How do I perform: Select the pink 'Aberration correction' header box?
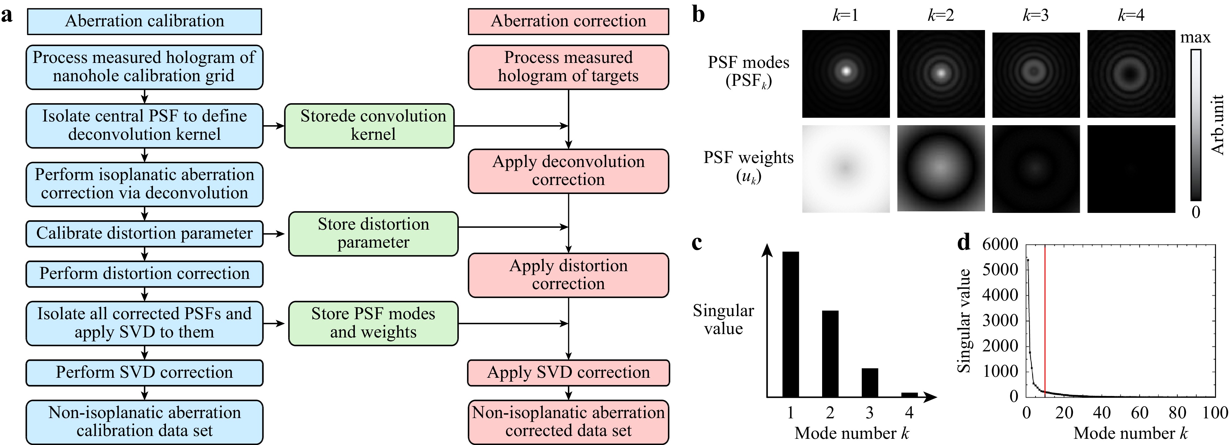(x=568, y=21)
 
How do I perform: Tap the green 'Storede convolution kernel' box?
(x=369, y=126)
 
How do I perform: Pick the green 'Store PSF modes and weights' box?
(x=373, y=323)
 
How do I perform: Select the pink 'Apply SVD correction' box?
(x=568, y=372)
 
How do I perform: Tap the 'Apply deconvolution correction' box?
(x=568, y=171)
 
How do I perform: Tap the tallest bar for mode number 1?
(x=791, y=324)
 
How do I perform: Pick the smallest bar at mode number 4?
(x=909, y=394)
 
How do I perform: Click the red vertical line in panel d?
(x=1045, y=320)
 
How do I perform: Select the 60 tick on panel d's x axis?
(x=1139, y=412)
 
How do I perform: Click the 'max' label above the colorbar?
(x=1195, y=37)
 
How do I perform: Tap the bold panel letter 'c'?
(x=697, y=243)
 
